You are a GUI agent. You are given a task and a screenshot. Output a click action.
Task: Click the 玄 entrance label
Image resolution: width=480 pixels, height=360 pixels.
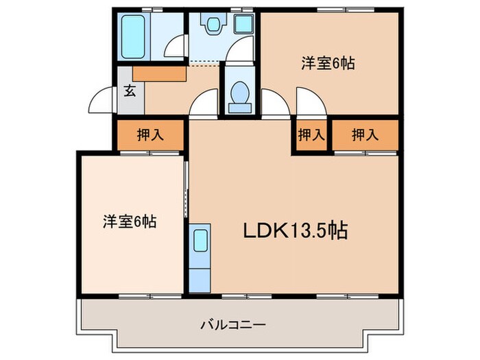pos(129,90)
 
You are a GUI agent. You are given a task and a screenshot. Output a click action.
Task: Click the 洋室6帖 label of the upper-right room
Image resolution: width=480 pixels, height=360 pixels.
pos(327,63)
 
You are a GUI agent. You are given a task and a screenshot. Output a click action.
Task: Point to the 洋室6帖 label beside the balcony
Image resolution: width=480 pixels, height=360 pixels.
pos(130,221)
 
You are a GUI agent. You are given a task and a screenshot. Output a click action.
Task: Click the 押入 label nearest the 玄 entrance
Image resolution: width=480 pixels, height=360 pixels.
pos(149,135)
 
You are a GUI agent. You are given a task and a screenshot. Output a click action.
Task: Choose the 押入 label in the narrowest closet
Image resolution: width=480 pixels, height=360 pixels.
pos(311,135)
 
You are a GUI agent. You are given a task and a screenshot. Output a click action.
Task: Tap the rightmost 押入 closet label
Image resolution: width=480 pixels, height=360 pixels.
pos(364,135)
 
